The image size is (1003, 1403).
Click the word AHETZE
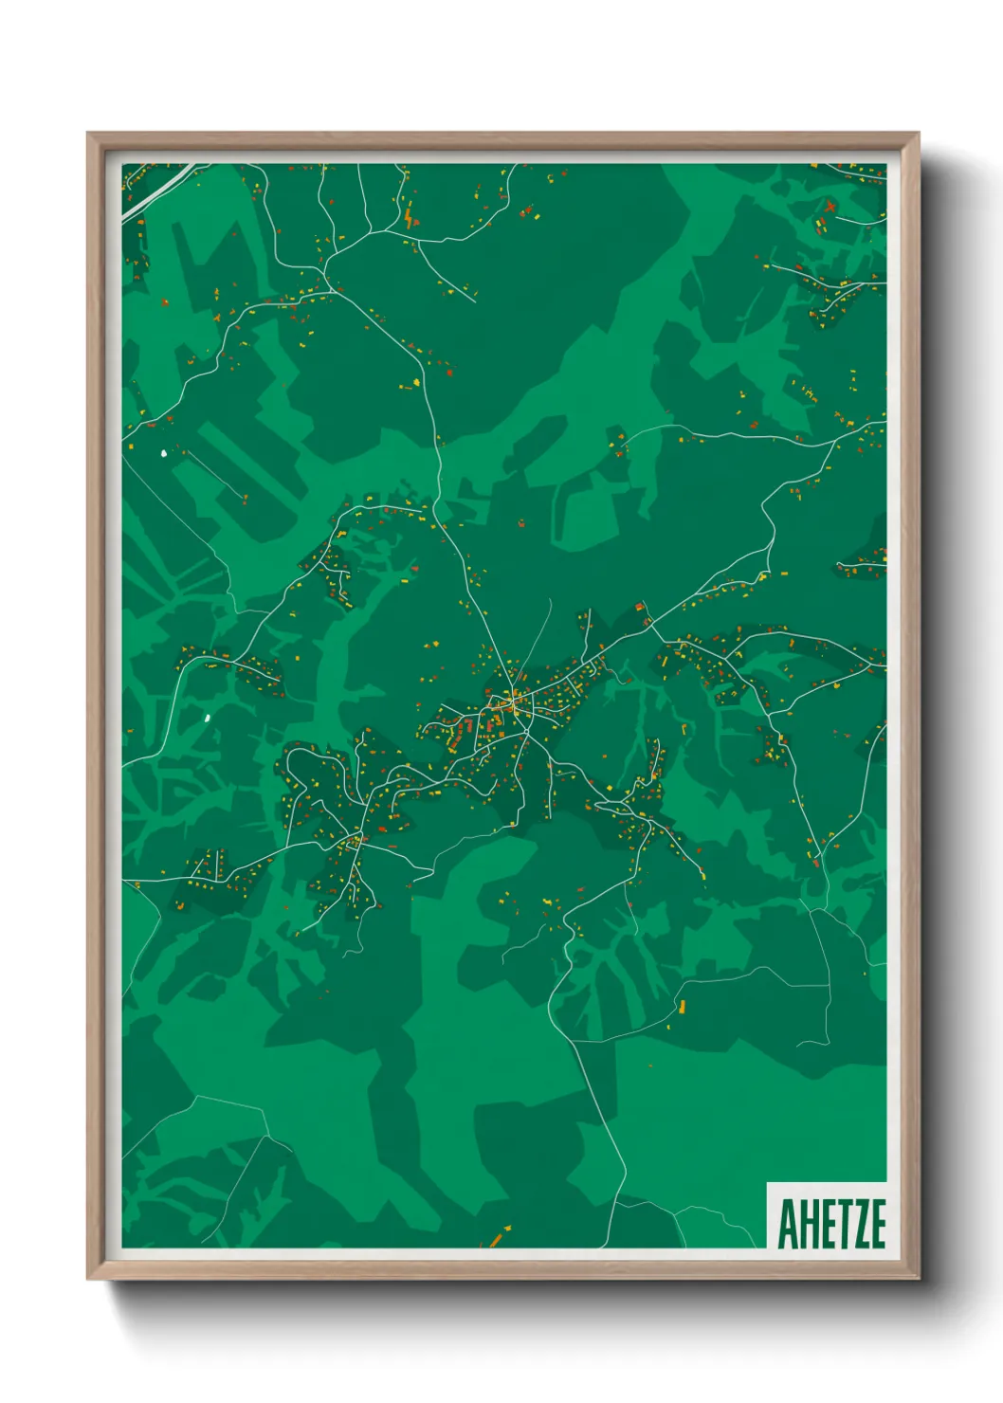click(831, 1224)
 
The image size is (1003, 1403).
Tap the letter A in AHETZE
click(787, 1224)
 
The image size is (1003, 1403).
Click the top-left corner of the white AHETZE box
click(767, 1184)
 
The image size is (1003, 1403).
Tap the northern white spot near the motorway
click(165, 453)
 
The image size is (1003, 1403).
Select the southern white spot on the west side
click(207, 718)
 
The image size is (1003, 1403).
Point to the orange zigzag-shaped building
click(409, 219)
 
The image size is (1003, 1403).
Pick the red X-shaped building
click(830, 206)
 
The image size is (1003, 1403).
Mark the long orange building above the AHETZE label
click(680, 1005)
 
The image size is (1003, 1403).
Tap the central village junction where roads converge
click(513, 700)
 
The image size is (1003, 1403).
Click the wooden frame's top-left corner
click(88, 134)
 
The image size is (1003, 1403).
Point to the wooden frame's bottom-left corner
click(88, 1279)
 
